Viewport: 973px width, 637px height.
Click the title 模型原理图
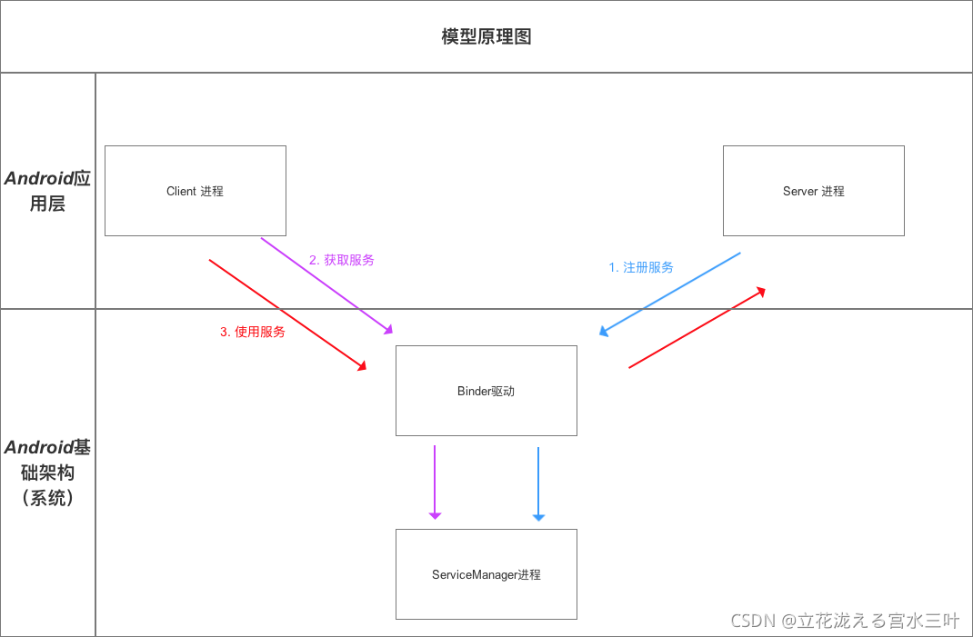[486, 36]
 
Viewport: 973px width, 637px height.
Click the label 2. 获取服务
[341, 260]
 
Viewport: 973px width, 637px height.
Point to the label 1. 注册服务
[641, 267]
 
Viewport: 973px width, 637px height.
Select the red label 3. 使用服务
[253, 332]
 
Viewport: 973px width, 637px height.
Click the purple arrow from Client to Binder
[327, 284]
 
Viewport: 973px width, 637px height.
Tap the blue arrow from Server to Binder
[670, 294]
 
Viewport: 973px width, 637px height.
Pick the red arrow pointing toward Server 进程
[697, 328]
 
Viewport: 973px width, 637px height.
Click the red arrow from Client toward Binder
[287, 314]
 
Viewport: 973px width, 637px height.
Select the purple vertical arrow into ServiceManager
[435, 482]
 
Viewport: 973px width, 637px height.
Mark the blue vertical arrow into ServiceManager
[538, 482]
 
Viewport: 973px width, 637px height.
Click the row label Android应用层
[47, 191]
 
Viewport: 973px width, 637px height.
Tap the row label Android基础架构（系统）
[47, 473]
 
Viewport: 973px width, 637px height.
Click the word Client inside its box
[181, 191]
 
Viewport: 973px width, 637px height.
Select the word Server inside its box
[800, 191]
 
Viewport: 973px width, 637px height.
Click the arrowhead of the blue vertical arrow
[538, 517]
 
